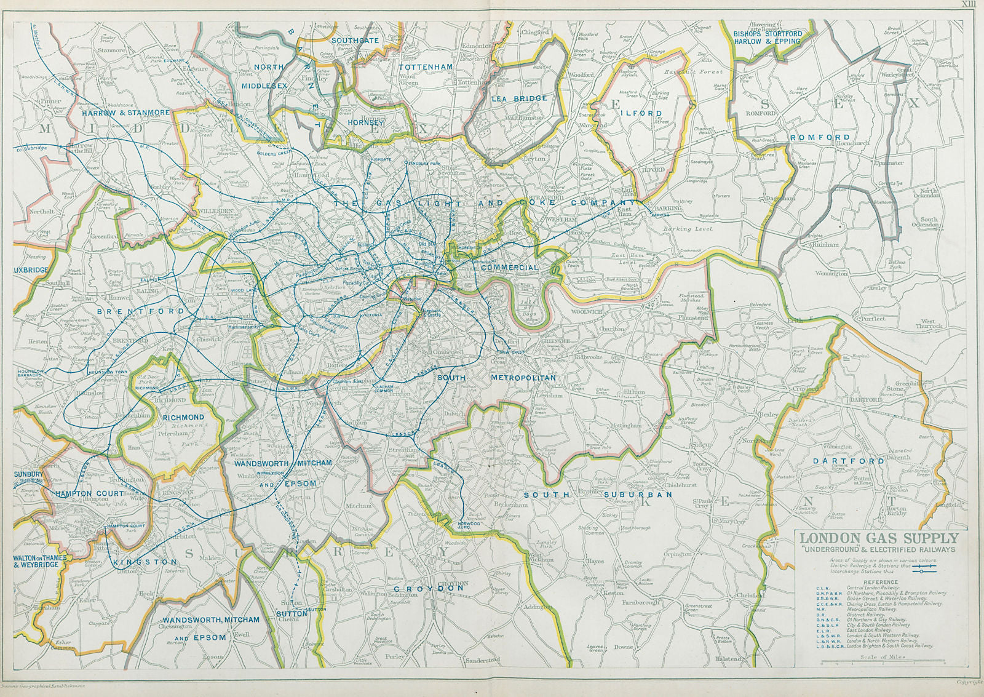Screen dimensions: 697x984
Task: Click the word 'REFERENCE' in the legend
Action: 881,582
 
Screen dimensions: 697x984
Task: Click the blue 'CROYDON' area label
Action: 429,588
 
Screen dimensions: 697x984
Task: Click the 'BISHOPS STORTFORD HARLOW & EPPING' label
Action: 768,38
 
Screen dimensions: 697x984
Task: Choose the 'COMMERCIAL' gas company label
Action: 509,268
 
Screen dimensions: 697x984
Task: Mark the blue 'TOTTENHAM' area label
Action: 426,66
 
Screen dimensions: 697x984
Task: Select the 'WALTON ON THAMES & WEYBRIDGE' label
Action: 39,561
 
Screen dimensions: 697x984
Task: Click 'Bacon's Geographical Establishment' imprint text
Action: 43,685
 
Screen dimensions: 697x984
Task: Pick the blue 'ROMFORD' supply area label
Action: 820,137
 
